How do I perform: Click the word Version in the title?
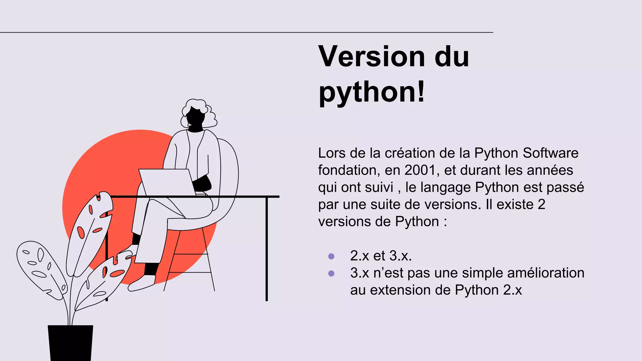371,57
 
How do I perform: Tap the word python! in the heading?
371,92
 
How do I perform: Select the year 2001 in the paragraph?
420,170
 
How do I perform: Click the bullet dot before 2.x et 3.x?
331,256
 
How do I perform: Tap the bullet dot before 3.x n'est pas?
331,273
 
